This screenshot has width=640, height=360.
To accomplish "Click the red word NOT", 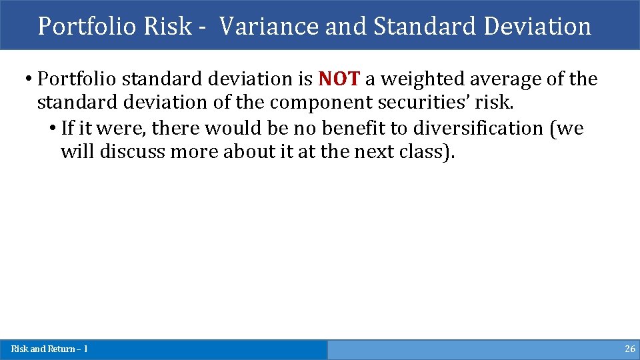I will [339, 79].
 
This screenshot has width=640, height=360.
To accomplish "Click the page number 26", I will [629, 349].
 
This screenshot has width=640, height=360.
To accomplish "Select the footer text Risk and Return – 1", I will [49, 349].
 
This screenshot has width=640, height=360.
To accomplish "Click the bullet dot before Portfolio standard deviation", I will [29, 79].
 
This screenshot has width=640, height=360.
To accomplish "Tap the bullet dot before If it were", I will [53, 128].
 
